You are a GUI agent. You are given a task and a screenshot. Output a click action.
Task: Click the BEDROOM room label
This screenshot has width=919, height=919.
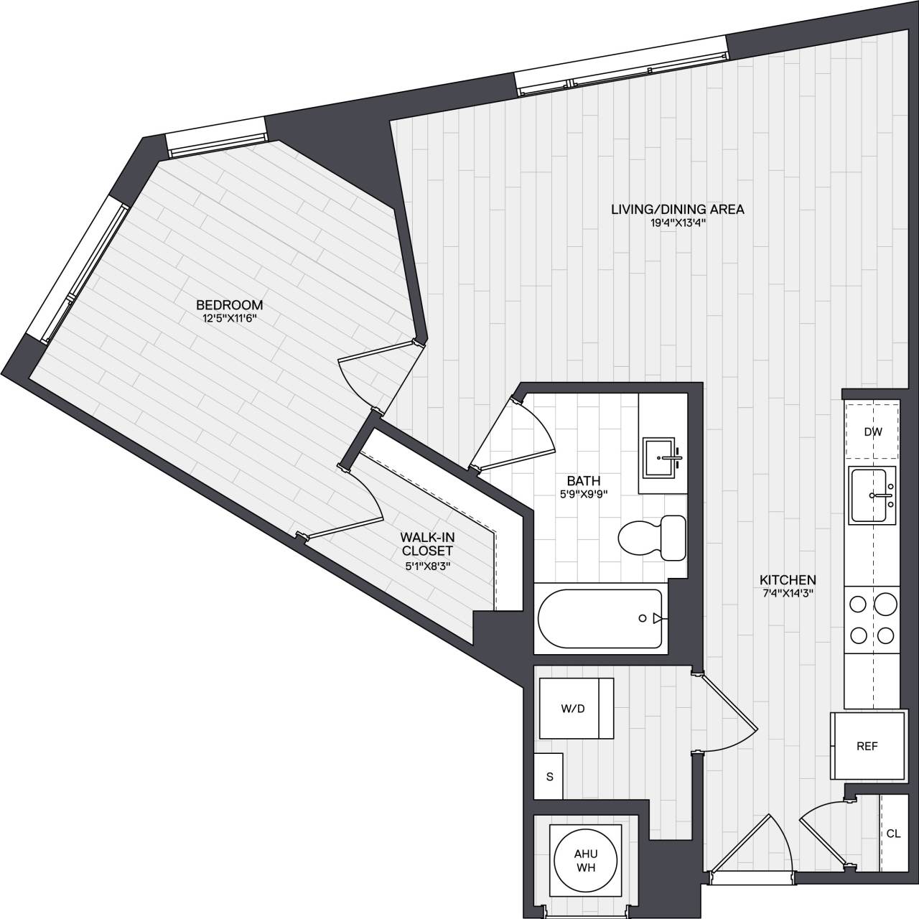(229, 305)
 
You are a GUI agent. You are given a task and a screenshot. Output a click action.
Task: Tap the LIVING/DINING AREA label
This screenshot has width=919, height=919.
(677, 210)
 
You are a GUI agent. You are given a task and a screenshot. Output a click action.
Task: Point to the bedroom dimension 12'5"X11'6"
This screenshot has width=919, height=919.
(229, 318)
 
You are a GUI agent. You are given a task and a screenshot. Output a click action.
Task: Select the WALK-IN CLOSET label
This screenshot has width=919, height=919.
(427, 544)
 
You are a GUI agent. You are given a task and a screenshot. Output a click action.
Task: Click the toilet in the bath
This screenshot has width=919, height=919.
(651, 537)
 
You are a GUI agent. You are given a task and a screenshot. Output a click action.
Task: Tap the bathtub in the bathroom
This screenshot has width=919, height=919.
(600, 619)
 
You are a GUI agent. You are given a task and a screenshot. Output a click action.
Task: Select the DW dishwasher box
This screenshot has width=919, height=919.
(872, 432)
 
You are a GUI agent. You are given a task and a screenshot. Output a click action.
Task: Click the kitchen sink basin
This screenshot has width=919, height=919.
(872, 495)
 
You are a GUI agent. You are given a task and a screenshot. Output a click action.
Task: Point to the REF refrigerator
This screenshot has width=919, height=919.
(867, 746)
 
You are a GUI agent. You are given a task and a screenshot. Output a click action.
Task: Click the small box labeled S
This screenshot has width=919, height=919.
(549, 775)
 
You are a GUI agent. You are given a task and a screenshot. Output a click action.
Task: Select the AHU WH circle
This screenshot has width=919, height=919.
(585, 860)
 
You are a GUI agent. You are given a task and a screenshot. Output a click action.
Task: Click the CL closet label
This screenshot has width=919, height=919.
(893, 834)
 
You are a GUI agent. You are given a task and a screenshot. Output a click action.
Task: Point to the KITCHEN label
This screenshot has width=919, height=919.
(788, 580)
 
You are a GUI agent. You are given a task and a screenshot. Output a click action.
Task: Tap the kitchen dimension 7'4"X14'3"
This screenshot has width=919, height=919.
(788, 593)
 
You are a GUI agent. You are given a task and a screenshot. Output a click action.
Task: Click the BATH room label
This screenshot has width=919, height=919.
(583, 481)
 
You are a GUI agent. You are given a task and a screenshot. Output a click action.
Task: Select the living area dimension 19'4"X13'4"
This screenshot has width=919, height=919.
(677, 223)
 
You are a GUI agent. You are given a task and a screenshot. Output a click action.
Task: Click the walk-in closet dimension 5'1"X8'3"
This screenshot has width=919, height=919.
(427, 564)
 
